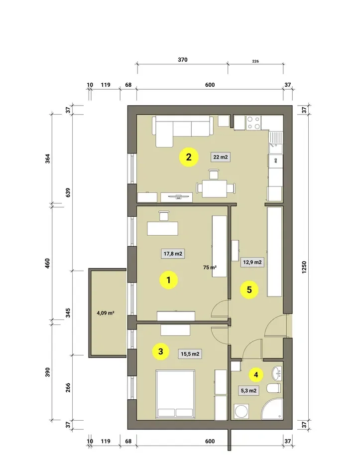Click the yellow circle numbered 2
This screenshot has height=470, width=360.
tap(189, 157)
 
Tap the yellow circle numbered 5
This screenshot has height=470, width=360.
tap(249, 290)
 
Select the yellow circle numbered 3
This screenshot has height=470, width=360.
tap(161, 351)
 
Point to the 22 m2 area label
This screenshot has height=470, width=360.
tap(221, 157)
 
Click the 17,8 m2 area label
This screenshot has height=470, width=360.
tap(173, 254)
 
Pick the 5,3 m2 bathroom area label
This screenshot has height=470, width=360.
tap(248, 391)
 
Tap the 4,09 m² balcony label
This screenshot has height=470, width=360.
tap(106, 313)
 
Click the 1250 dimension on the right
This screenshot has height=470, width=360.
tap(304, 267)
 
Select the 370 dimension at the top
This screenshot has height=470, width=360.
tap(183, 60)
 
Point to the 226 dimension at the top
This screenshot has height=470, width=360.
tap(255, 61)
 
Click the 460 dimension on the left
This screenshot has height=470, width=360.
tap(47, 263)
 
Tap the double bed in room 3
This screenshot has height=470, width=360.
tap(175, 394)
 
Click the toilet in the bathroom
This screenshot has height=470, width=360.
tap(273, 389)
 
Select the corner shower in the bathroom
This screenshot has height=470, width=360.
tap(272, 409)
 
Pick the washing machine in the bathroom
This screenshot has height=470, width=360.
tap(241, 411)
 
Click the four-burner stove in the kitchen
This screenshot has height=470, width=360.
tap(253, 123)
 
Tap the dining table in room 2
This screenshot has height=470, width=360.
tap(214, 188)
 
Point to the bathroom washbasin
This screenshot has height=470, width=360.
tap(277, 373)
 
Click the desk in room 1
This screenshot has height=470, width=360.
tap(162, 228)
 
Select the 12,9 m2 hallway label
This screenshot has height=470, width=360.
tap(252, 262)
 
